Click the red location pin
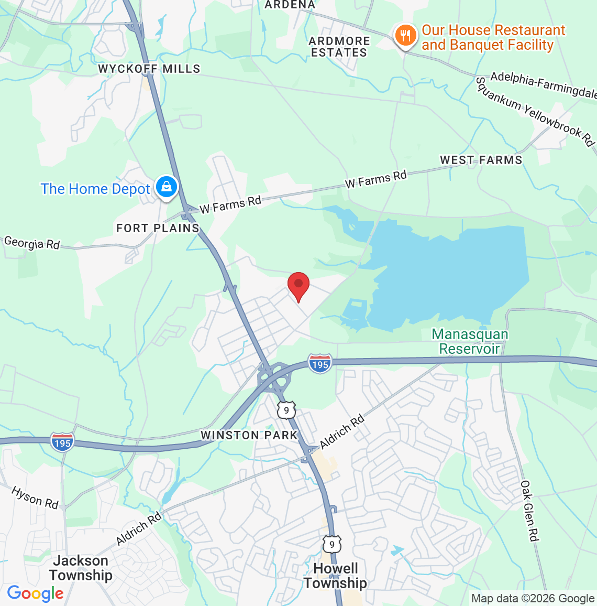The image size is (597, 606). click(x=298, y=285)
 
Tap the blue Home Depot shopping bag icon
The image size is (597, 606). click(x=166, y=187)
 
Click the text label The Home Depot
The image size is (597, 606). click(x=95, y=189)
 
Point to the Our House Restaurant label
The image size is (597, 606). click(x=493, y=38)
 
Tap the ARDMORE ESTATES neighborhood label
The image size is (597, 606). click(x=339, y=47)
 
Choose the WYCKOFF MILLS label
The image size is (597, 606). click(x=149, y=69)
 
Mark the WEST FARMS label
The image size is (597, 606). click(x=481, y=160)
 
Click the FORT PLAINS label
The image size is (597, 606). click(x=158, y=228)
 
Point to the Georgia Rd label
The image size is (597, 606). click(x=32, y=243)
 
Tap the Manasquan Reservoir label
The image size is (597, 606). click(x=470, y=341)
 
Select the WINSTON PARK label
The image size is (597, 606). click(x=249, y=435)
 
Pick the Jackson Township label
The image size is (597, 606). click(x=81, y=568)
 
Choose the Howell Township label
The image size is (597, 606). click(x=335, y=576)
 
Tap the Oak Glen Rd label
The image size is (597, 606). click(x=529, y=511)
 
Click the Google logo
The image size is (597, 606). click(x=35, y=593)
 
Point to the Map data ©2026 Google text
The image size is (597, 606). click(x=533, y=599)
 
